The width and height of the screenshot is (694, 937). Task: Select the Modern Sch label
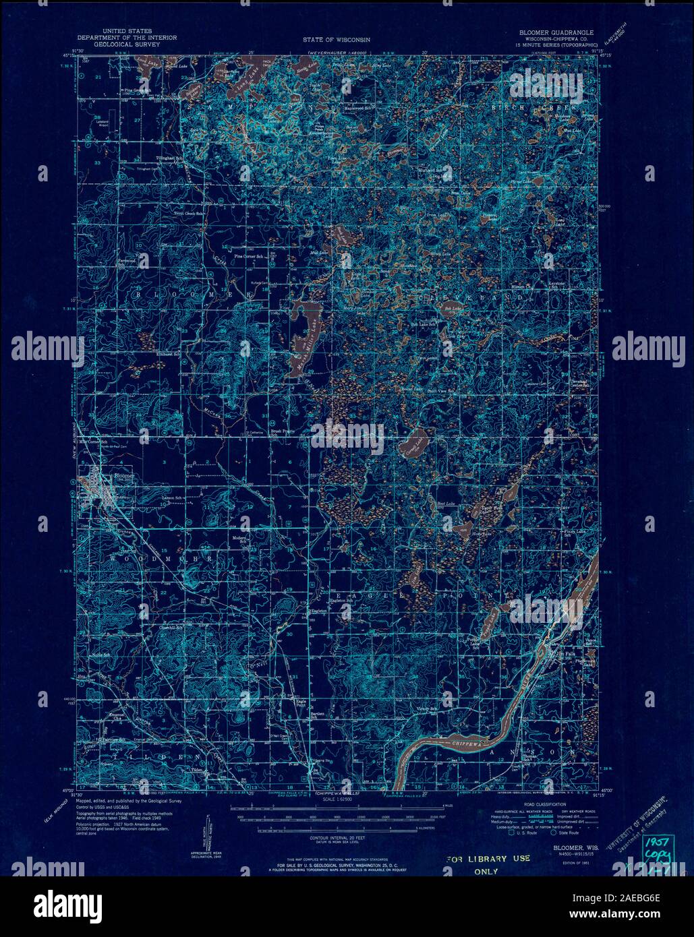click(241, 539)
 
